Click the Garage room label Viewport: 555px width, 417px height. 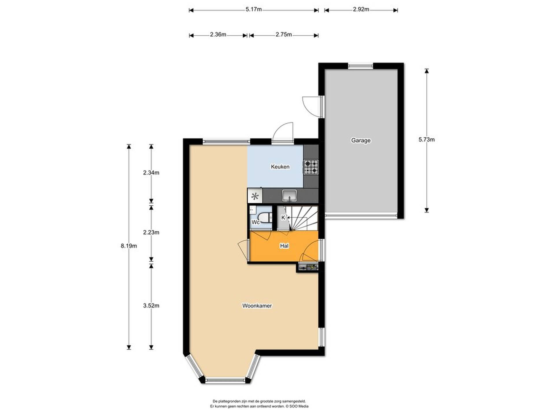tap(361, 140)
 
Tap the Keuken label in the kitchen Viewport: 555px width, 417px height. tap(280, 167)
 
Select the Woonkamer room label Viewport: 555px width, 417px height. tap(257, 306)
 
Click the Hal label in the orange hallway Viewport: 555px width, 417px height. tap(284, 246)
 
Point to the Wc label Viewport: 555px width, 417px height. tap(256, 222)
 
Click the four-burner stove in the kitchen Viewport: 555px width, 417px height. tap(311, 167)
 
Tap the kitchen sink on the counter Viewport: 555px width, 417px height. tap(289, 196)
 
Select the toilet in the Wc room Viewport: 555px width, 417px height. tap(265, 217)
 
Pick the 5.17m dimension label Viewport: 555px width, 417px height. tap(254, 9)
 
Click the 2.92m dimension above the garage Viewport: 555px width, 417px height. tap(361, 9)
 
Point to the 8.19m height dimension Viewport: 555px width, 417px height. tap(129, 246)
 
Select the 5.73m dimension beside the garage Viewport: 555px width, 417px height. tap(427, 140)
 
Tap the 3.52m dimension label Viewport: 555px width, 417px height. tap(151, 306)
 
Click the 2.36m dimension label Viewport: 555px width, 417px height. tap(218, 34)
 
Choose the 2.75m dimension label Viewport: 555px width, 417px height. tap(284, 34)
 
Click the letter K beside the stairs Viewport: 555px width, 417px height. tap(283, 217)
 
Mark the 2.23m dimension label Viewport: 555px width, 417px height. tap(151, 233)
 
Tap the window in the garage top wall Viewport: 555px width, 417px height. tap(360, 66)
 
